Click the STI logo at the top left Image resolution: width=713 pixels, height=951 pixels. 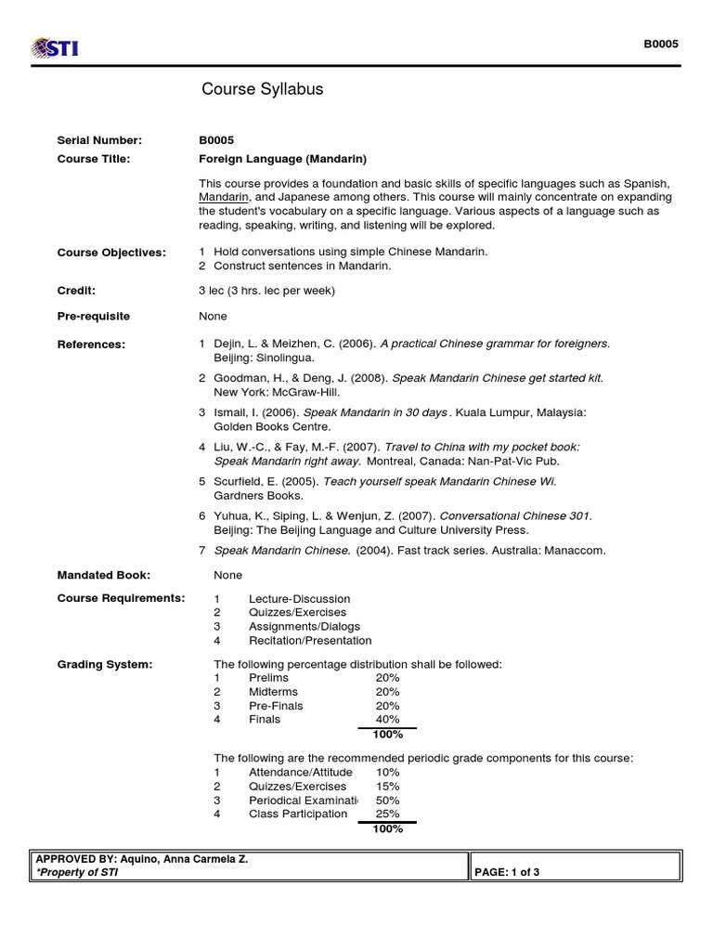click(x=55, y=46)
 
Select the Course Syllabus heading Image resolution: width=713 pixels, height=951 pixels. click(x=263, y=89)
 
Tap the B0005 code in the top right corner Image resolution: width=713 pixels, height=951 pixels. click(x=662, y=44)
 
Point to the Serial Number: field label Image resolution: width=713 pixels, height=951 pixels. click(x=99, y=140)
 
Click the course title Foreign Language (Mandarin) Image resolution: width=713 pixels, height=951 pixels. click(x=282, y=159)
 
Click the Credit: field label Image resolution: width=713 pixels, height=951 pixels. click(x=76, y=291)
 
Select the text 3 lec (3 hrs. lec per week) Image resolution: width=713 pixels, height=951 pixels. click(x=266, y=291)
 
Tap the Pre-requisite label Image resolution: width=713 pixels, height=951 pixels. click(x=94, y=316)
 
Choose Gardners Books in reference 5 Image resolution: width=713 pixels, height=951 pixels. click(x=258, y=495)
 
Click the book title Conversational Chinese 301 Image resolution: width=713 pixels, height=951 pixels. click(x=514, y=516)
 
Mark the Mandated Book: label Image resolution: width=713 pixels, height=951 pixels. click(x=104, y=575)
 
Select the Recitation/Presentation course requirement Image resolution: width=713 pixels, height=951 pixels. click(x=310, y=640)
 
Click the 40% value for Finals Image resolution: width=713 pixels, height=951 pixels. click(x=387, y=719)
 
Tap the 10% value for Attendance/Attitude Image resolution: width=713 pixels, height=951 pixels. click(x=387, y=772)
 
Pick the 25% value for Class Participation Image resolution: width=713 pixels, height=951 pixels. click(x=387, y=814)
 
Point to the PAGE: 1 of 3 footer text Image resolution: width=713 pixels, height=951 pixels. click(x=507, y=873)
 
